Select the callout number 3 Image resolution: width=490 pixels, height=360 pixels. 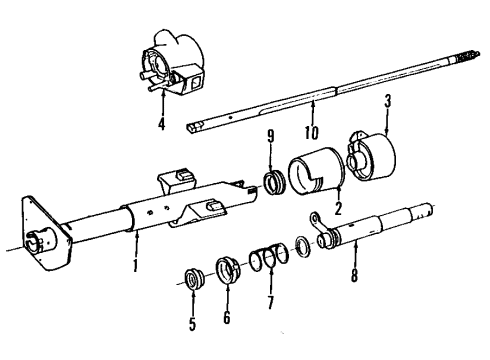click(387, 102)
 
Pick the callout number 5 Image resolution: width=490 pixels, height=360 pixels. click(192, 325)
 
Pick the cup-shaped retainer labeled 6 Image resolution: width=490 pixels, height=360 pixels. click(225, 272)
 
